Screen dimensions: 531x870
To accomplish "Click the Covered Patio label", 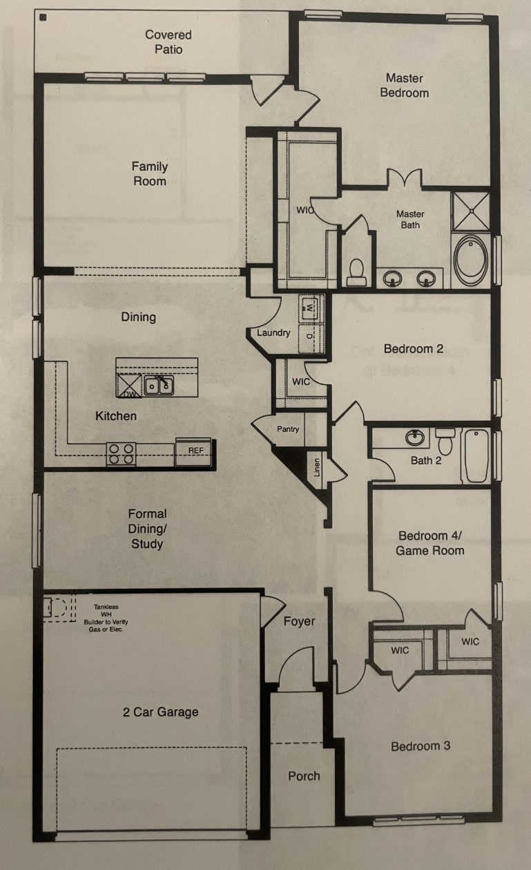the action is point(168,42).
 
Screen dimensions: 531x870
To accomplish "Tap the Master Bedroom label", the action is point(404,86).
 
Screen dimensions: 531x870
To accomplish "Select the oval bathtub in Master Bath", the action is point(471,260).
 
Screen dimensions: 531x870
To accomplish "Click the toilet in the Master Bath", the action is point(356,271).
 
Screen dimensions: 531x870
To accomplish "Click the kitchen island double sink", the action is point(160,385).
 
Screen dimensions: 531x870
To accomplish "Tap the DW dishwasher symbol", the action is point(129,386).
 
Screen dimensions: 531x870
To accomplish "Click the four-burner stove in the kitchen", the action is point(121,453).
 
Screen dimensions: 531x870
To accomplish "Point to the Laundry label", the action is point(273,333).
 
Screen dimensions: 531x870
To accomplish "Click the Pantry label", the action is point(288,429).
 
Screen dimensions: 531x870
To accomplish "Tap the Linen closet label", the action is point(317,468).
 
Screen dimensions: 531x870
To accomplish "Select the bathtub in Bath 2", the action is point(476,455).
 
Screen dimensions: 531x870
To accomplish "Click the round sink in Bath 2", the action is point(415,437).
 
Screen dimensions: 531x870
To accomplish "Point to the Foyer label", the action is point(299,621).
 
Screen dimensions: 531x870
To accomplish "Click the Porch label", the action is point(304,776).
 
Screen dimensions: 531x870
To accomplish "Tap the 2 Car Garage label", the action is point(160,712).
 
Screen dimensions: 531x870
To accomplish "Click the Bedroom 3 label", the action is point(421,746).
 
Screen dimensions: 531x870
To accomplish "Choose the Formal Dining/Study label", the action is point(147,529).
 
